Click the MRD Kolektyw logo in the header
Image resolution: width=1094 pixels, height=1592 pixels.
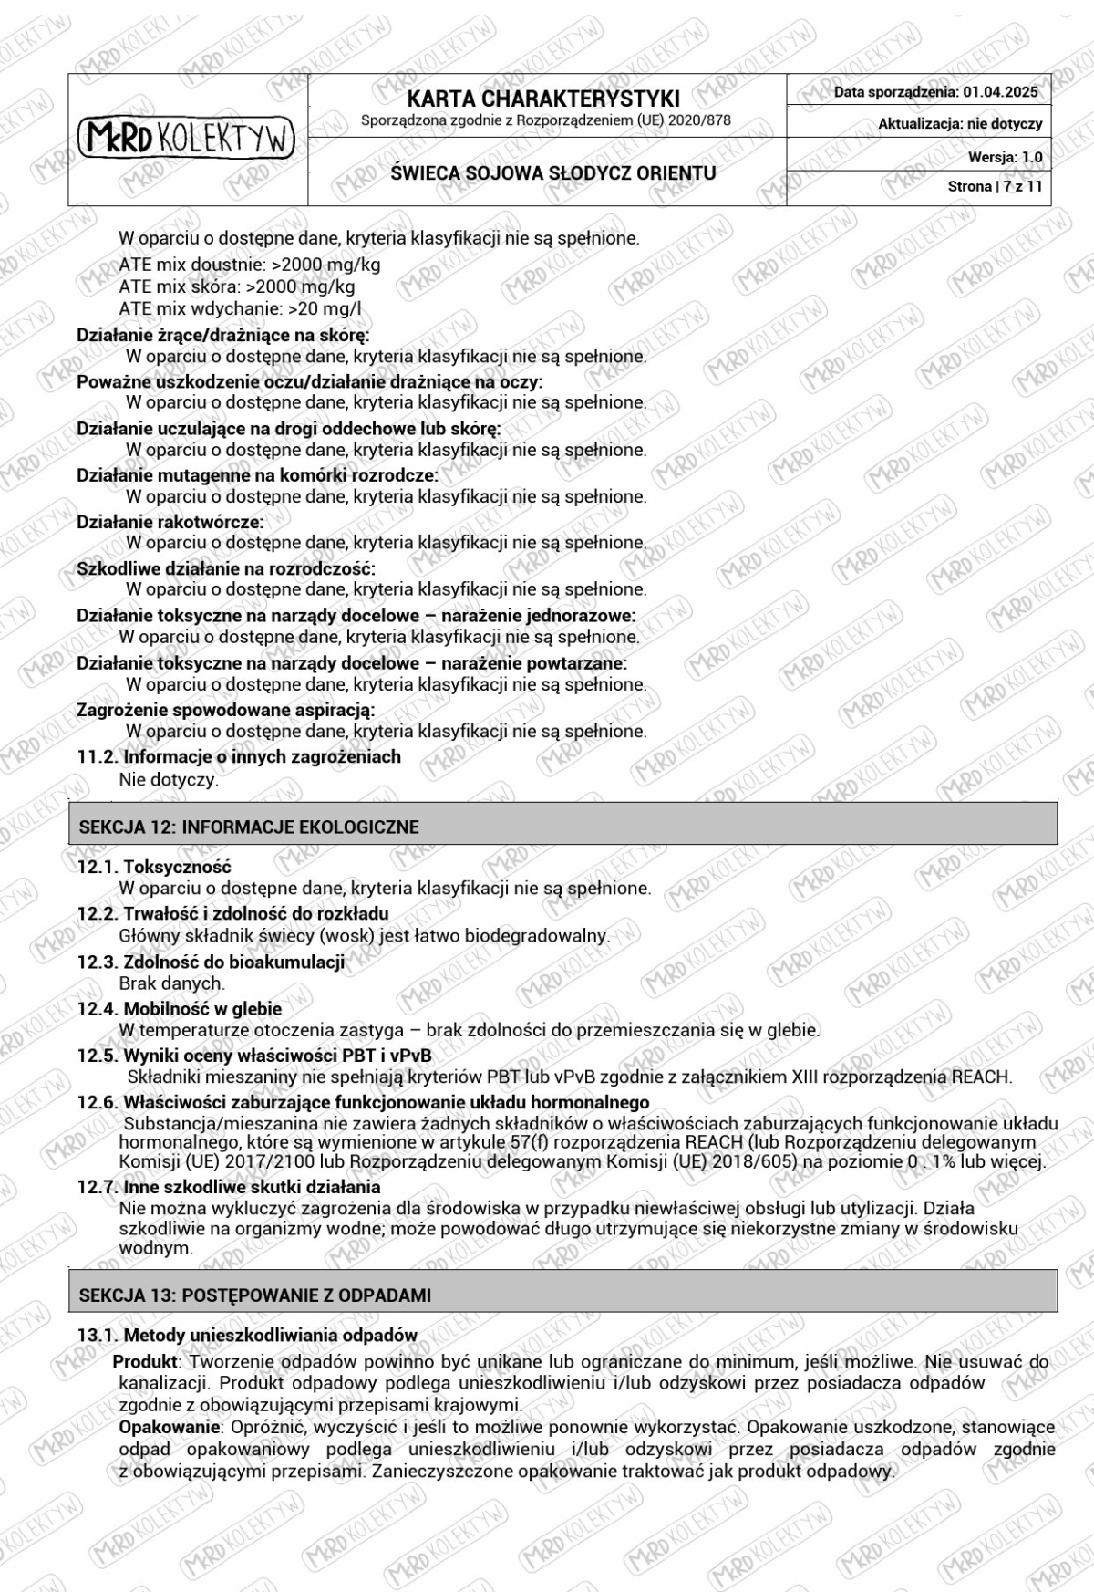[187, 139]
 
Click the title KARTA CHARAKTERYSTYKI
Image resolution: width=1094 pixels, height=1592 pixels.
[543, 99]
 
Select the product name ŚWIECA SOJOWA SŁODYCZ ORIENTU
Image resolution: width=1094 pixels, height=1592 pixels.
[552, 173]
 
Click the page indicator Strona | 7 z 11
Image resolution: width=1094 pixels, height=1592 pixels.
[995, 186]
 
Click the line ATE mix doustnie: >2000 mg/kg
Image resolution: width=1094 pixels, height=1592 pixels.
[250, 265]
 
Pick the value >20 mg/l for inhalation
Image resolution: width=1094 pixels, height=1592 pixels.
[324, 309]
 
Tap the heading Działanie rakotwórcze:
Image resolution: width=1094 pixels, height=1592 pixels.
[170, 522]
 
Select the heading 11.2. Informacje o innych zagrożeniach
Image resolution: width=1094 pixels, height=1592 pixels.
[239, 756]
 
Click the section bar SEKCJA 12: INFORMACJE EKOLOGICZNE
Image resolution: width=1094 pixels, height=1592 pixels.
[249, 827]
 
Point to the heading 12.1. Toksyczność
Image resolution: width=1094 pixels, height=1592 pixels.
[154, 867]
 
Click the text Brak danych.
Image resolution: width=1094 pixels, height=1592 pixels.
[171, 983]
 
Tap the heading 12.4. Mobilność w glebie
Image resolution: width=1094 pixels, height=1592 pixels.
[180, 1009]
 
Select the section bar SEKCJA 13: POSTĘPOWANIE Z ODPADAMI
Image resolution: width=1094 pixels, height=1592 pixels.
[255, 1295]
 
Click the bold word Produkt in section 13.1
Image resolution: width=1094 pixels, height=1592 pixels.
[146, 1362]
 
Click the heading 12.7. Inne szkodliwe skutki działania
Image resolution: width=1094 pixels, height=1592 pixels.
[229, 1187]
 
